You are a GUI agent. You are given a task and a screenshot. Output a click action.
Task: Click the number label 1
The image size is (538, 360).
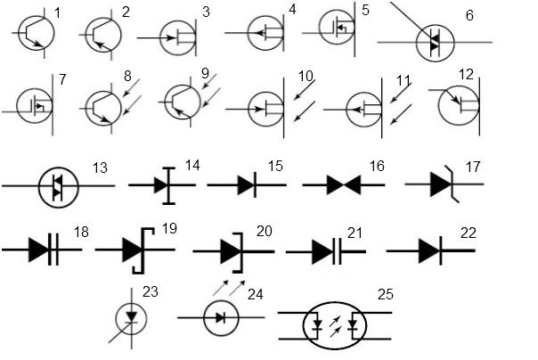click(x=57, y=13)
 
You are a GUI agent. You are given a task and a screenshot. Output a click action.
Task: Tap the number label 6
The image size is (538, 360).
click(x=469, y=15)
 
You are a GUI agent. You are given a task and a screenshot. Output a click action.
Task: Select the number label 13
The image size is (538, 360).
click(x=100, y=168)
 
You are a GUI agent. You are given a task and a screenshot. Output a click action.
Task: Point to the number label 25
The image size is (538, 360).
click(x=385, y=294)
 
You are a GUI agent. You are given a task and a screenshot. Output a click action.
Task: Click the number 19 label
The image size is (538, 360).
click(x=169, y=228)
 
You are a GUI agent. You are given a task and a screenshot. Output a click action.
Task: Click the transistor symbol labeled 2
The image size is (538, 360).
click(x=102, y=35)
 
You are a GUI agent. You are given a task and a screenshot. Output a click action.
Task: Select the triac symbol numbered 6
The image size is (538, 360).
click(x=435, y=42)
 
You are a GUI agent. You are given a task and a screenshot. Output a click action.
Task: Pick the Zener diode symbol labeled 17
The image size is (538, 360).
click(x=444, y=184)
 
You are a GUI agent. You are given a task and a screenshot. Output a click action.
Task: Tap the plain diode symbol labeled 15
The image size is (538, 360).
click(x=247, y=185)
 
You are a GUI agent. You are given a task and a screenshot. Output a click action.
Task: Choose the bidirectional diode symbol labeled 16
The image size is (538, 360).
click(x=344, y=185)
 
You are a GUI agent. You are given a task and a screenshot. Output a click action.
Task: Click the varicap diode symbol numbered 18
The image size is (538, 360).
click(x=42, y=250)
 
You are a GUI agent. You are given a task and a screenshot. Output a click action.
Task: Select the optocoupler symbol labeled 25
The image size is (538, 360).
click(x=335, y=325)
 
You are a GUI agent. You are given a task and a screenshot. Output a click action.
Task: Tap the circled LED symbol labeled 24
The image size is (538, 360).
click(x=221, y=318)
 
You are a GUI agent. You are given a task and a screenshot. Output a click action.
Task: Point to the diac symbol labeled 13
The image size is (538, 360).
click(x=58, y=187)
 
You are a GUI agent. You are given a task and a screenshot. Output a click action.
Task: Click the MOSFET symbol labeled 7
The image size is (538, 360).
click(x=34, y=105)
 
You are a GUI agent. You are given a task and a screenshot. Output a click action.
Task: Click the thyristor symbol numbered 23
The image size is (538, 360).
click(x=131, y=319)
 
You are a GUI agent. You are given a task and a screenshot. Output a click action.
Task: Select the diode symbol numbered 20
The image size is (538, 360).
click(x=233, y=252)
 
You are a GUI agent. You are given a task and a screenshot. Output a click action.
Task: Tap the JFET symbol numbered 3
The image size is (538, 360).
click(x=177, y=37)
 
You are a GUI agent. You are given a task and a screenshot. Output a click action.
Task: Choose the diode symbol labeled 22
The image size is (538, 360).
click(x=430, y=251)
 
